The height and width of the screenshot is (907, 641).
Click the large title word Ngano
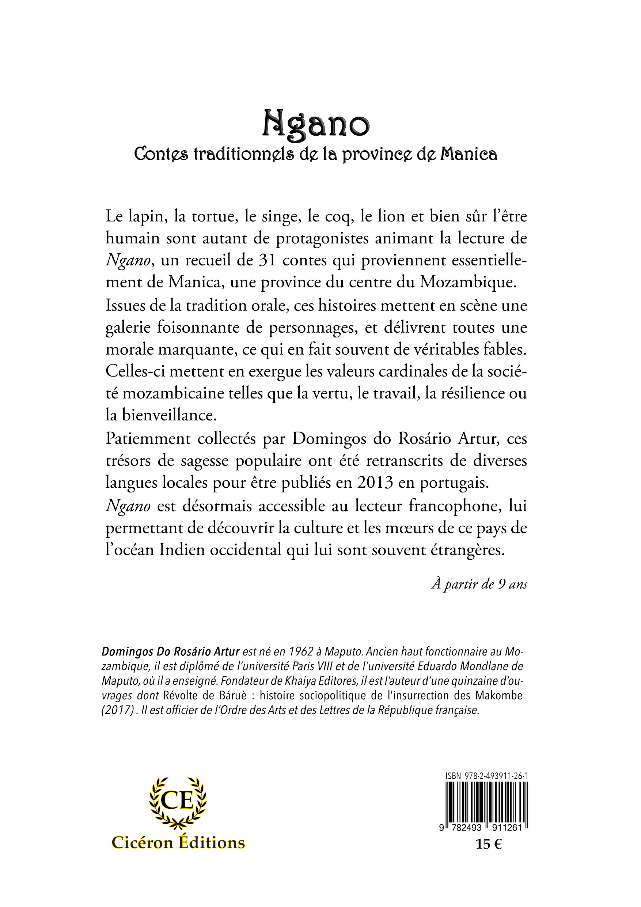(316, 124)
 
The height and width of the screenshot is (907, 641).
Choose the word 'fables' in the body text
(504, 349)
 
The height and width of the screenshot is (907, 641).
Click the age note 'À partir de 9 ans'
(479, 584)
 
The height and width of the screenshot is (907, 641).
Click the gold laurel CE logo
(178, 802)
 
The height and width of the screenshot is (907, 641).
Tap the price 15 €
(489, 844)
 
